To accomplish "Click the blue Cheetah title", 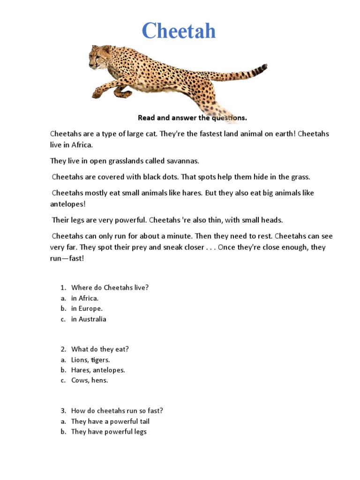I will [179, 31].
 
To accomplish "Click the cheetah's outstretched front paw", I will [97, 93].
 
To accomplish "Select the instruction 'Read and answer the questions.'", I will [192, 118].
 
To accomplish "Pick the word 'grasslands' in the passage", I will [123, 161].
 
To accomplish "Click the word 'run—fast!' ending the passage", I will [67, 258].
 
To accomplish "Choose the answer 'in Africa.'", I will [85, 298].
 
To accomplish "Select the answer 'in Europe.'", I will [87, 308].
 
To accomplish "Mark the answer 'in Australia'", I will [89, 319].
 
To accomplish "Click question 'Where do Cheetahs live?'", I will [110, 287].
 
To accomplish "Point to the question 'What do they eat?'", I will [100, 349].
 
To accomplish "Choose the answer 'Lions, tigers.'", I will [90, 360].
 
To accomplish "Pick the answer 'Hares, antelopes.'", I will [98, 370].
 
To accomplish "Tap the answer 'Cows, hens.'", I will [90, 381].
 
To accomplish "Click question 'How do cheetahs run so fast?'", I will [117, 411].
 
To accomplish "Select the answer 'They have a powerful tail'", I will [110, 421].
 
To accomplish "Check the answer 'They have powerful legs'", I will [109, 432].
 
